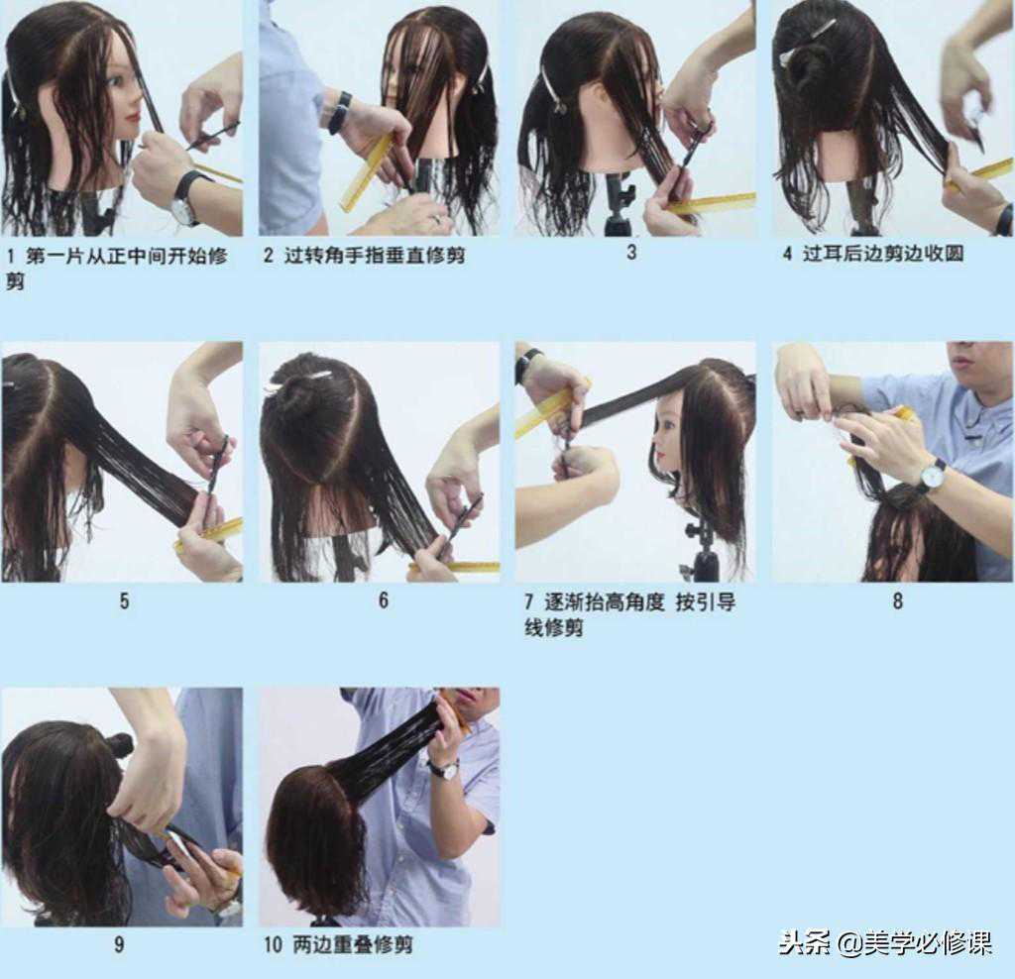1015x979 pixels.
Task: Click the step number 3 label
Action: click(631, 252)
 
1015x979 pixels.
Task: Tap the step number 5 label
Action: click(124, 601)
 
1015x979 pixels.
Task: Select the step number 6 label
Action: click(384, 600)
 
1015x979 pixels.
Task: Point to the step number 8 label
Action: click(897, 601)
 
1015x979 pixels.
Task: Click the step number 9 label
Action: click(119, 944)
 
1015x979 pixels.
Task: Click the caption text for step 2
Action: click(365, 255)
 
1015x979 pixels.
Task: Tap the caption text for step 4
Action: click(873, 253)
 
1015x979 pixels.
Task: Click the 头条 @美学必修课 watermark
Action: click(885, 942)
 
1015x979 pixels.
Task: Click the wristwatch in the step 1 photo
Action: click(183, 197)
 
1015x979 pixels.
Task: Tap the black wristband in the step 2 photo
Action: click(339, 113)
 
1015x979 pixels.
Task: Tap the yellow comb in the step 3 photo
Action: click(710, 204)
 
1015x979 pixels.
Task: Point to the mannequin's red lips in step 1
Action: click(135, 119)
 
